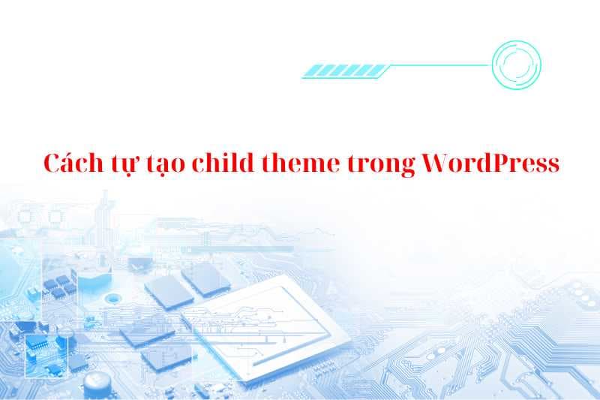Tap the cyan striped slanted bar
point(346,71)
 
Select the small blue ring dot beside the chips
point(113,299)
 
